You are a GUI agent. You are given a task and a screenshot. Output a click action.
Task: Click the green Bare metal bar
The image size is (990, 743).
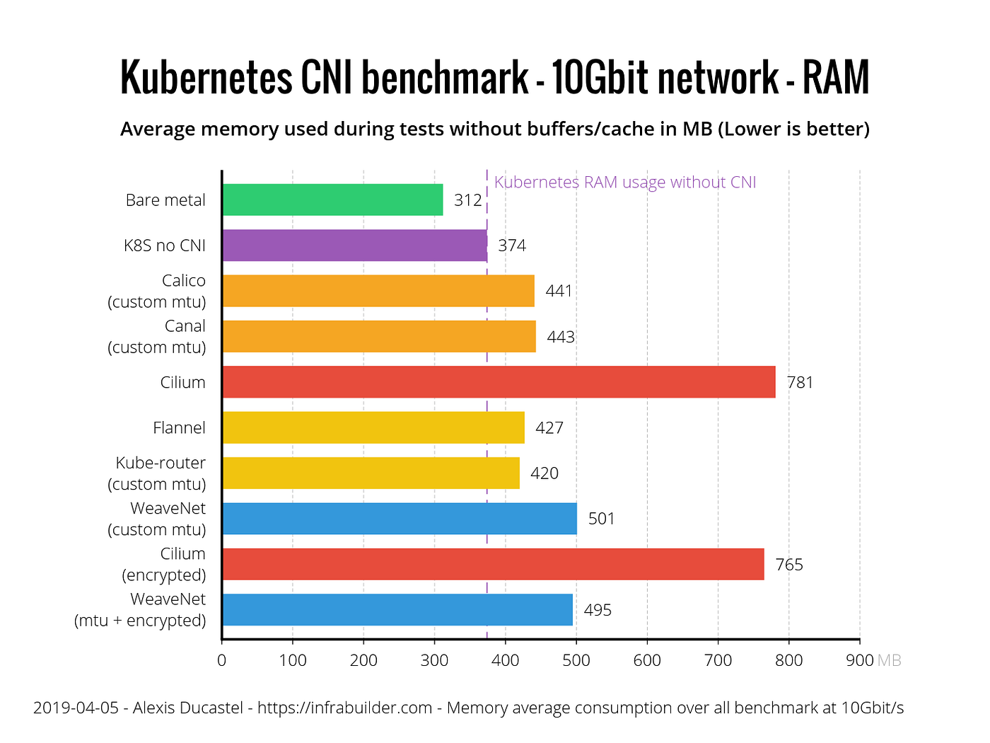coord(332,200)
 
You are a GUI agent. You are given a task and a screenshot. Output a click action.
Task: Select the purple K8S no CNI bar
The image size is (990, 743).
coord(354,246)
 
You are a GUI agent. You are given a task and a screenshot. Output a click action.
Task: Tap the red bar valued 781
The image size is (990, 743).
coord(499,382)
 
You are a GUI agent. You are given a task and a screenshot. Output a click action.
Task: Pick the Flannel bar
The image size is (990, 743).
coord(373,427)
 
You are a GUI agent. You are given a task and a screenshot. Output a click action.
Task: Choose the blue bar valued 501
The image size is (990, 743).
coord(400,519)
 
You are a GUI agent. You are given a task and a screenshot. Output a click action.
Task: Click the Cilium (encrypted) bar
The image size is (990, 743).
coord(493,564)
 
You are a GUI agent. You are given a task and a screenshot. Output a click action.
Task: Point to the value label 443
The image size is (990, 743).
coord(561,337)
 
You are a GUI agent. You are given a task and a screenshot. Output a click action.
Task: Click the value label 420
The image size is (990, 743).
coord(544,473)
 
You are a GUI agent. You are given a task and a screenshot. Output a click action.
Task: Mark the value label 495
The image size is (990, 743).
coord(598,610)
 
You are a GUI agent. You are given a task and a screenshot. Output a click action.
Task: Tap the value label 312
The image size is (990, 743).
coord(468,200)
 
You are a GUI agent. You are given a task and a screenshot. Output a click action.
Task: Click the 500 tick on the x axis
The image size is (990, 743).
coord(576,660)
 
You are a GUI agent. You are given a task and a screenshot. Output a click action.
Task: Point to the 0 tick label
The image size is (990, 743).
coord(222,660)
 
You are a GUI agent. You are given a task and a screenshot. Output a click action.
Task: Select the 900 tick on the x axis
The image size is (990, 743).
coord(860,660)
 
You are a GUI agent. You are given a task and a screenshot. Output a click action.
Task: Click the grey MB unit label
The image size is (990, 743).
coord(890,660)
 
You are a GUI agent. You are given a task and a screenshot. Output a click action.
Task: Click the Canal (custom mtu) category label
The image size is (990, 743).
coord(157,337)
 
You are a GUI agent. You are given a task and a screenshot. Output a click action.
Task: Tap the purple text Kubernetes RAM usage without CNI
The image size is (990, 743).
coord(625,183)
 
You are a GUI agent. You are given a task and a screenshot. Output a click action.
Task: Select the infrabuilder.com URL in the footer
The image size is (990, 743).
coord(344,708)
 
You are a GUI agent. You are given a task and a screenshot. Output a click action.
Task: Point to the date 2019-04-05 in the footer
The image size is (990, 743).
coord(76,708)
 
